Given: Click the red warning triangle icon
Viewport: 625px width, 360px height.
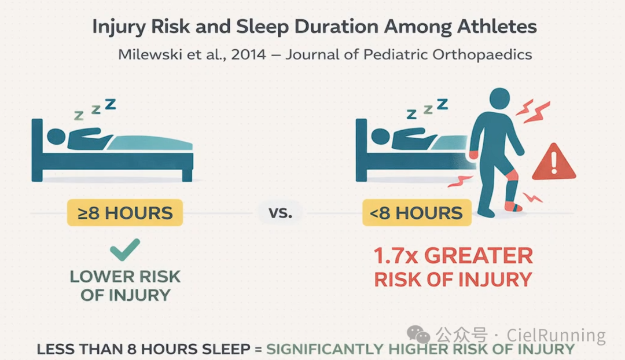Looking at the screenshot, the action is click(554, 163).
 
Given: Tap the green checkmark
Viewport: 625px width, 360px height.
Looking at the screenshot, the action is click(125, 249).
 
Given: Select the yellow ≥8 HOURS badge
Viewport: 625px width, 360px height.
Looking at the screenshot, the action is click(125, 213).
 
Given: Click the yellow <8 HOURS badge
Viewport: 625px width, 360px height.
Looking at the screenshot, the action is click(417, 213).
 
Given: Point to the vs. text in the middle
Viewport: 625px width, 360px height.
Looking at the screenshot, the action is click(280, 212).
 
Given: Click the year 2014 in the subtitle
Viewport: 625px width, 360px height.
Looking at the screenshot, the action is click(248, 54).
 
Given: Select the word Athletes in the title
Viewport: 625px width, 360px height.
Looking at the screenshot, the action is click(497, 27).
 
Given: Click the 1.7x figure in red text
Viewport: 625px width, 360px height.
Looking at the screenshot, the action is click(396, 256).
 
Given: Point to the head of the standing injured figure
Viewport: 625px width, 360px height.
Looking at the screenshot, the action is click(499, 98).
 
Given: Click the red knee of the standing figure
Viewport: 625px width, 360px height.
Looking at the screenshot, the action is click(512, 175).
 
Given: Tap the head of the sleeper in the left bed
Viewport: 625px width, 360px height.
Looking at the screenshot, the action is click(56, 137).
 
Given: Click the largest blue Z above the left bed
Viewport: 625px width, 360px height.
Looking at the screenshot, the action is click(111, 104).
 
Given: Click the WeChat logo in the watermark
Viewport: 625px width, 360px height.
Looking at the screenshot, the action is click(418, 334).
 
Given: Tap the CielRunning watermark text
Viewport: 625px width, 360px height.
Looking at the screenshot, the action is click(556, 335).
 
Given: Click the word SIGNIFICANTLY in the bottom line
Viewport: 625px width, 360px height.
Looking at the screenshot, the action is click(325, 349).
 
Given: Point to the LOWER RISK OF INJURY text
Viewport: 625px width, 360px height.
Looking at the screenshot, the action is click(125, 286).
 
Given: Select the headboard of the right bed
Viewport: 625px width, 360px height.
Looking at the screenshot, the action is click(361, 150).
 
